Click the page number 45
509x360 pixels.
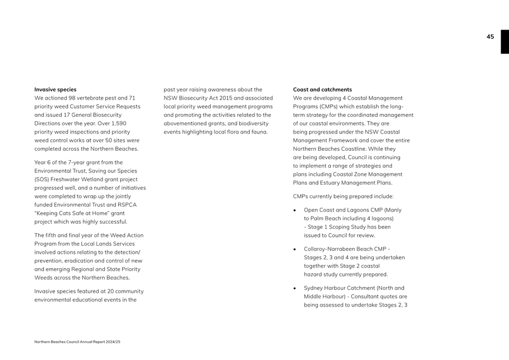pos(490,37)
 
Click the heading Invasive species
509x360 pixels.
pos(55,89)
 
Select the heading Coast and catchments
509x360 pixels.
pos(322,89)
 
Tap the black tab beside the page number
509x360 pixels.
pos(505,41)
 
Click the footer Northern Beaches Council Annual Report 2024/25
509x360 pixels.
pos(77,342)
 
